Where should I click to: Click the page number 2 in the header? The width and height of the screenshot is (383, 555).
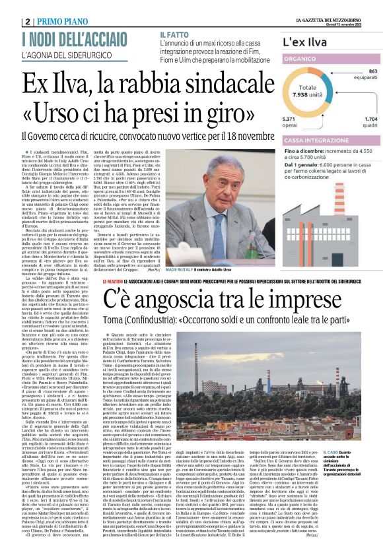pyautogui.click(x=27, y=21)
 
